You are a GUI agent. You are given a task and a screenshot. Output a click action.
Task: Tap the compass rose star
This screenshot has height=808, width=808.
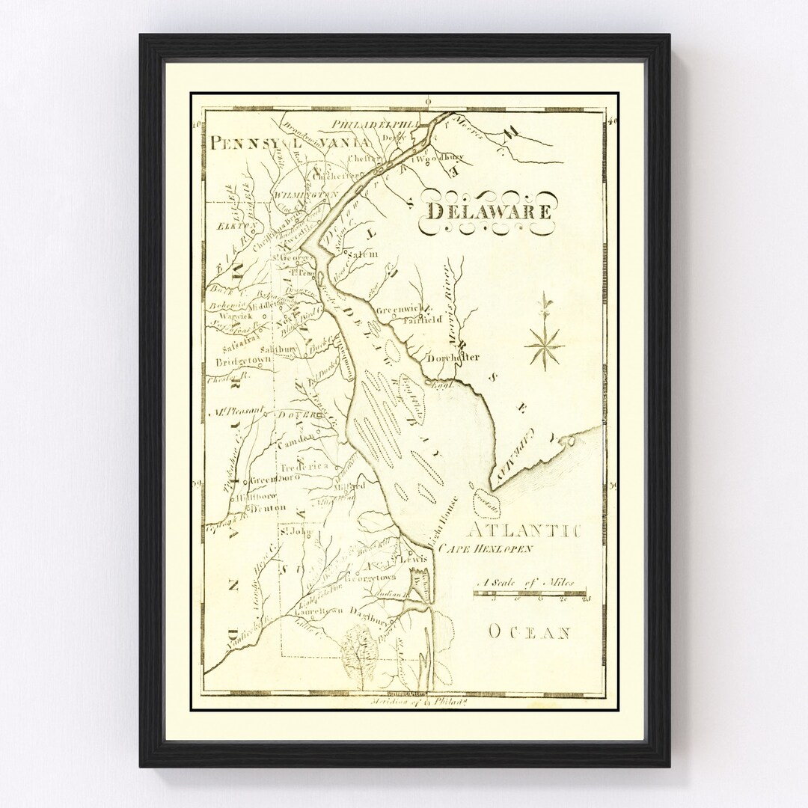coord(544,343)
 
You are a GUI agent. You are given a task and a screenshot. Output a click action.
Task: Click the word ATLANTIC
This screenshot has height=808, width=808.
coord(527,531)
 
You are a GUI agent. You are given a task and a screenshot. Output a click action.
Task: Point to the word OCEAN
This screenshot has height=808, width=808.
coord(530,633)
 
